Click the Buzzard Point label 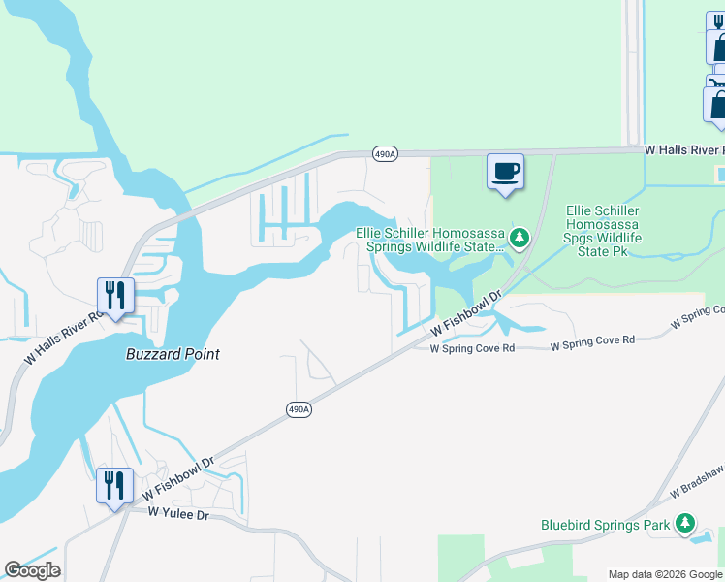173,354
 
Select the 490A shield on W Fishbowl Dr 299,410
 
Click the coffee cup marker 505,173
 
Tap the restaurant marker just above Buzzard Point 115,297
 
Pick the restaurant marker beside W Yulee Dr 114,487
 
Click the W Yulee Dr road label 178,514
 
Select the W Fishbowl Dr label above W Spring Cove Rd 467,316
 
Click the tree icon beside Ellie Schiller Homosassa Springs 520,237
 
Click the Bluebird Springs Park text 605,525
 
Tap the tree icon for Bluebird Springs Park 685,523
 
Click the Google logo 32,570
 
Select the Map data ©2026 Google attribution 664,574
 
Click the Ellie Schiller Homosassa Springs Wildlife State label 431,239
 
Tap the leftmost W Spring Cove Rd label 471,347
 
